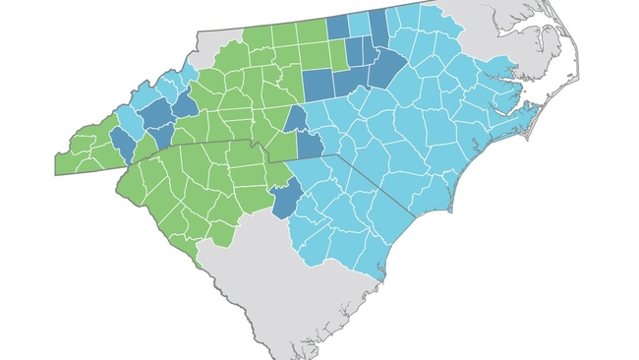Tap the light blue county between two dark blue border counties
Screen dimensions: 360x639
(360, 24)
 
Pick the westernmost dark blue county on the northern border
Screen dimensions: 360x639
(337, 28)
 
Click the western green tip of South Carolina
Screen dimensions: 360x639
(122, 183)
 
